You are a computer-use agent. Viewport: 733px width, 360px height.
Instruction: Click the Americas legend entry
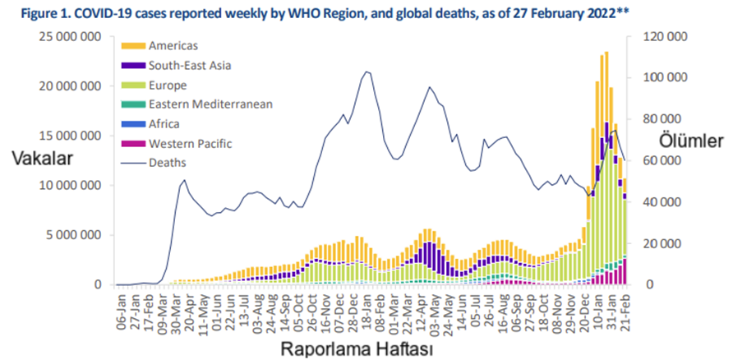[x=173, y=45]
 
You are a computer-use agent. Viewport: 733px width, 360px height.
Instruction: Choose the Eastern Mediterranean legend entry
[x=210, y=104]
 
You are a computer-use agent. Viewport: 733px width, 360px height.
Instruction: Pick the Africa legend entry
[x=164, y=124]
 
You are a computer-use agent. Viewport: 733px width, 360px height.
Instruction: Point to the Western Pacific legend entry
[x=188, y=144]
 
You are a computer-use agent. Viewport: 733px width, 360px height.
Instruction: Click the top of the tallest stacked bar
[x=606, y=53]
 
